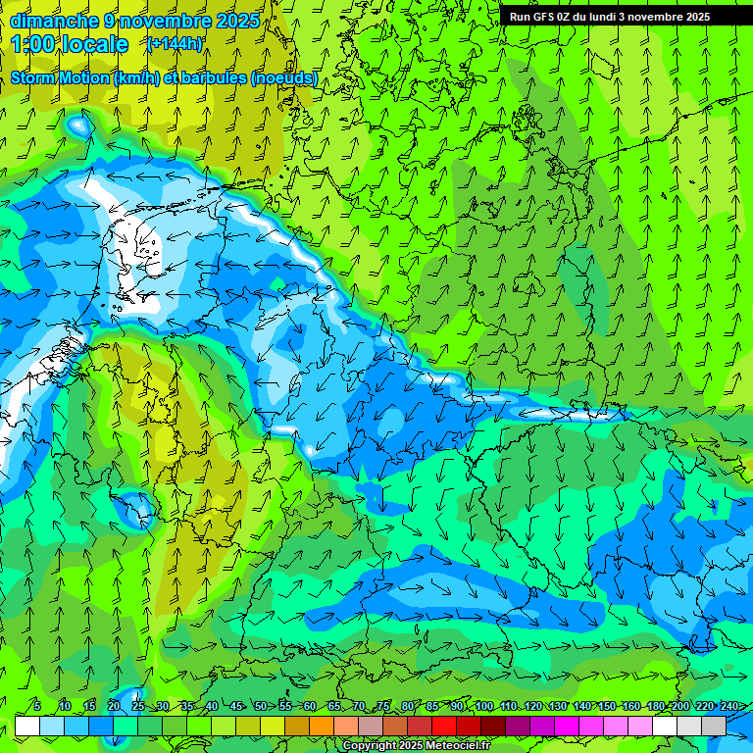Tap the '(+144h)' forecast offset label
(x=175, y=44)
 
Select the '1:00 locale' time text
(x=71, y=45)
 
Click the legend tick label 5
(x=37, y=707)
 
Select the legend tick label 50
(x=261, y=707)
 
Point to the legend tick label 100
(x=484, y=707)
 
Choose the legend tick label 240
(x=729, y=707)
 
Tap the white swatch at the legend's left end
(x=26, y=726)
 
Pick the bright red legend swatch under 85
(x=444, y=726)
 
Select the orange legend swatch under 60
(x=322, y=726)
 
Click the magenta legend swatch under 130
(x=567, y=726)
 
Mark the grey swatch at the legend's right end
(x=714, y=726)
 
